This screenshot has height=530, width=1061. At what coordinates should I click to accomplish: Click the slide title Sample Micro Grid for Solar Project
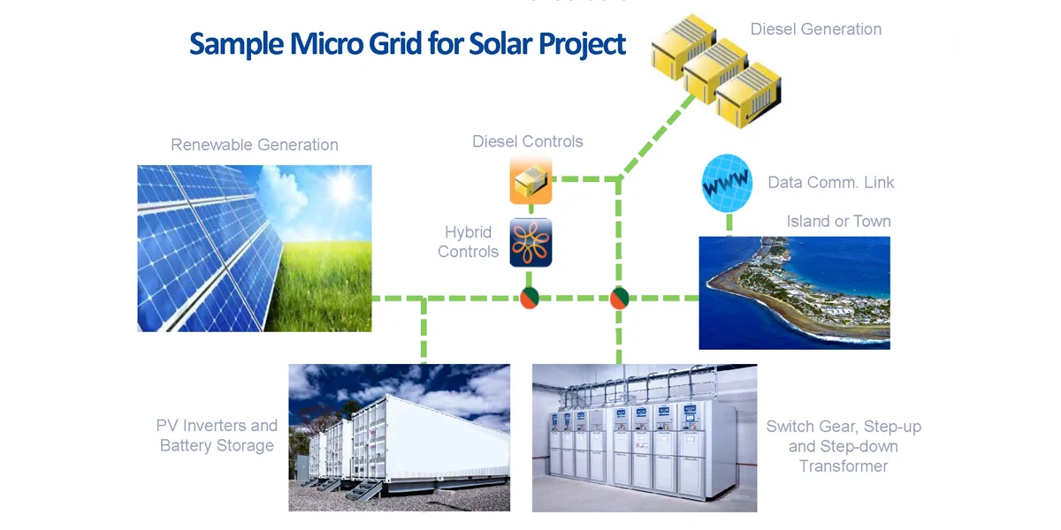point(408,44)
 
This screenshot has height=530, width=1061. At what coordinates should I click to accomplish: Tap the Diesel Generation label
point(815,29)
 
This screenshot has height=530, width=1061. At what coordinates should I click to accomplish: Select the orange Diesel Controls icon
point(530,181)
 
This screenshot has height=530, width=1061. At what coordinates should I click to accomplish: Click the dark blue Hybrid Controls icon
point(530,242)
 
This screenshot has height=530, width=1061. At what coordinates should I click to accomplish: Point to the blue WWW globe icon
point(727,183)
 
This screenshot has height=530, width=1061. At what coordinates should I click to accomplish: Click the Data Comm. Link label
point(830,183)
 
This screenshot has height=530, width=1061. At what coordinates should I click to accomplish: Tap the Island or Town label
point(838,221)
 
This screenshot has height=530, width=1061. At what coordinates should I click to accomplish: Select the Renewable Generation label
point(255,145)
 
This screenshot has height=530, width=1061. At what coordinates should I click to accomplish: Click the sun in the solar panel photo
point(341,188)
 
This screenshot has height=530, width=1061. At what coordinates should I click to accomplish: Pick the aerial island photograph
point(794,291)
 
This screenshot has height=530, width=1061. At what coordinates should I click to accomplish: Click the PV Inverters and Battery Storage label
point(218,435)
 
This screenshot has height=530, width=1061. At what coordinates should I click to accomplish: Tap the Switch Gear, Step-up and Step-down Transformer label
point(843,446)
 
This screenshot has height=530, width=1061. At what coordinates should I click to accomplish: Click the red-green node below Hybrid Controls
point(529,299)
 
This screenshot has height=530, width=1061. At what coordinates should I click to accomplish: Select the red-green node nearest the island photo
point(619,299)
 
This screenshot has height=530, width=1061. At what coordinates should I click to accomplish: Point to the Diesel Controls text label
point(527,141)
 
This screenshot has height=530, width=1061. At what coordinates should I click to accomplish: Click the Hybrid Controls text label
point(468,242)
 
